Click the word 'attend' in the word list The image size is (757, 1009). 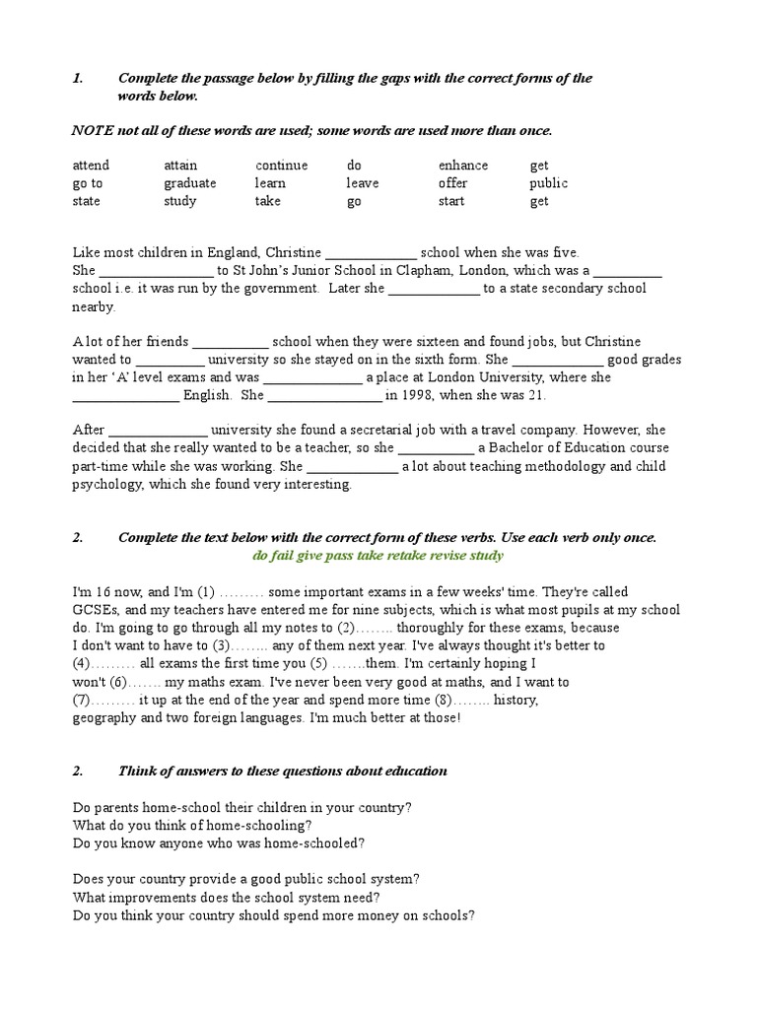coord(91,166)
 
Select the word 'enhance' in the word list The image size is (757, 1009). coord(463,166)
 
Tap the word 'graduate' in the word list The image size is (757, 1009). coord(190,183)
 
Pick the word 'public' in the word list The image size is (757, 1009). coord(548,183)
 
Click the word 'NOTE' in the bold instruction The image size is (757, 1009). coord(93,131)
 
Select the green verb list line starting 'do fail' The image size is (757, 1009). coord(378,556)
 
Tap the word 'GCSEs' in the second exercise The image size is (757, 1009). coord(93,610)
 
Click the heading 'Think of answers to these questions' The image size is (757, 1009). coord(283,771)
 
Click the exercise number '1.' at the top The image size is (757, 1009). coord(79,78)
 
